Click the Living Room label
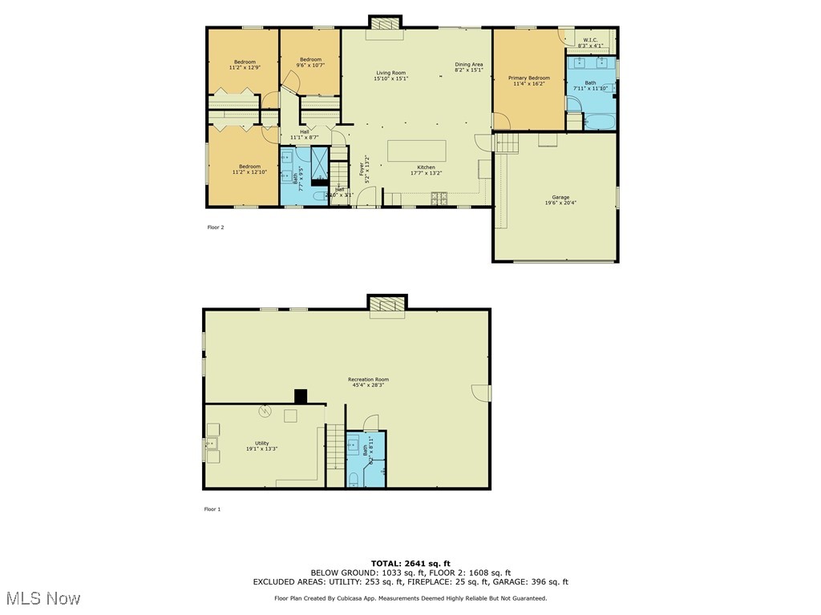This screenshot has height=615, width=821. tap(390, 73)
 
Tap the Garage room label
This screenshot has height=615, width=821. tap(560, 197)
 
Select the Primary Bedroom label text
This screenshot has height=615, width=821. tap(529, 78)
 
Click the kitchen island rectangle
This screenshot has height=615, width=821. tap(417, 151)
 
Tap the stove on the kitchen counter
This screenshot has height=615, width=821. tap(439, 197)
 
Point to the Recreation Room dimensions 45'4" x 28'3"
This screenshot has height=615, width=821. tap(368, 385)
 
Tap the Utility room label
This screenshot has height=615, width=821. tap(262, 443)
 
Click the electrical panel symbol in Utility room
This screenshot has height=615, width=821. tap(265, 412)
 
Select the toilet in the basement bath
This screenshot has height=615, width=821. tap(354, 480)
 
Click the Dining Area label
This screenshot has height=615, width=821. tap(469, 65)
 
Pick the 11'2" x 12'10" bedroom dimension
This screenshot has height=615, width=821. tap(249, 172)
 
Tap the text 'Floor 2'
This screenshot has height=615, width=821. tap(216, 227)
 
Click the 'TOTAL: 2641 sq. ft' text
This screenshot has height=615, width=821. tap(410, 563)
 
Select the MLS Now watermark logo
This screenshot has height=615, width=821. tap(43, 598)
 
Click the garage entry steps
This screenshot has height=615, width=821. tap(507, 143)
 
